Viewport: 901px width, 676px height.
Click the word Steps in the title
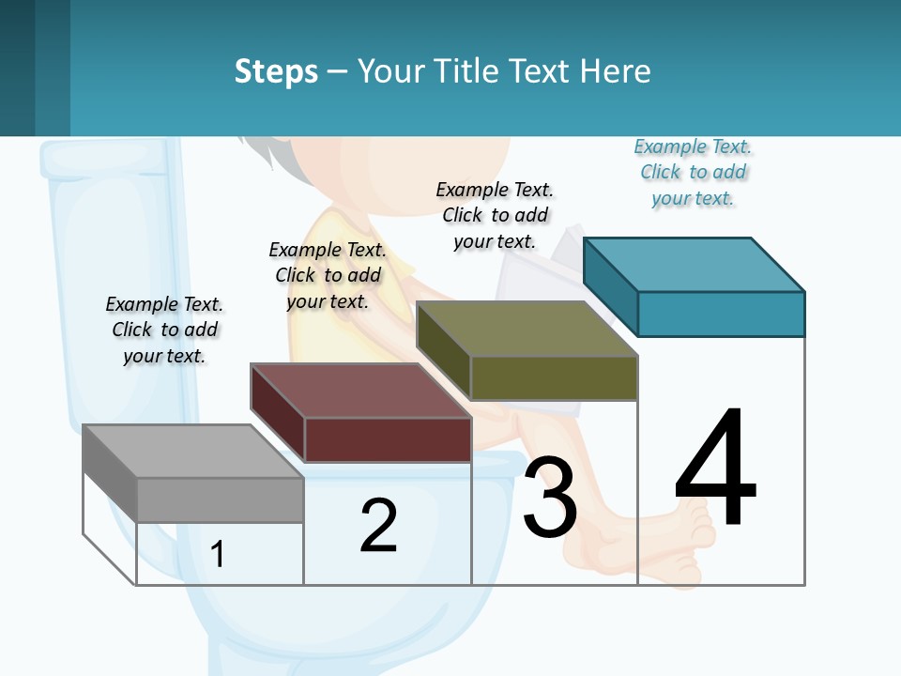[x=276, y=71]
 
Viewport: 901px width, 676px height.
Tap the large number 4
[x=715, y=469]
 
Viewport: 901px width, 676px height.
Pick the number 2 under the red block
[x=378, y=526]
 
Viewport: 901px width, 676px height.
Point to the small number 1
[x=218, y=554]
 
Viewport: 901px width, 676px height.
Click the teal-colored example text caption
[x=694, y=173]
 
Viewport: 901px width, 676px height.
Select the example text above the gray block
[x=164, y=330]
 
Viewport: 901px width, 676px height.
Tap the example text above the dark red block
[x=328, y=275]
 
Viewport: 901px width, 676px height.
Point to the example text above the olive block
[x=495, y=215]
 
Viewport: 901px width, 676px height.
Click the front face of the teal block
[x=721, y=314]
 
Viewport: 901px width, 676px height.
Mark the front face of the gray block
[x=220, y=499]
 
